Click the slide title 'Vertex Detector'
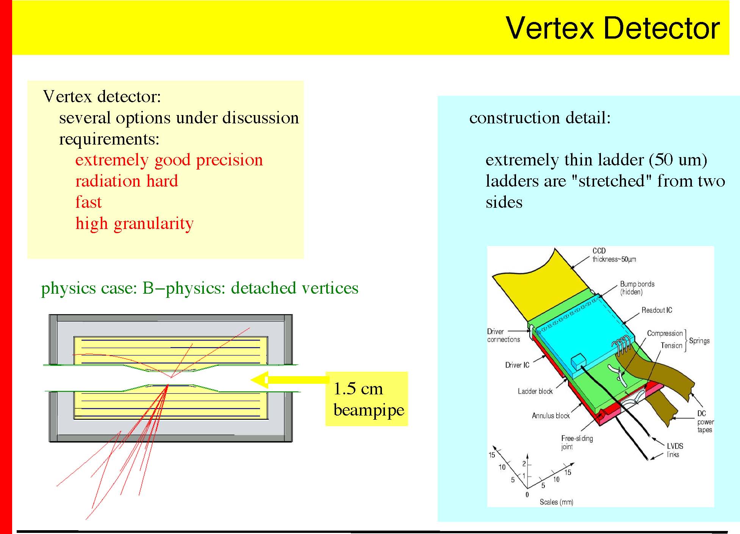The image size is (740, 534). pos(613,28)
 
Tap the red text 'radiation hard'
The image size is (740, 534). pos(127,181)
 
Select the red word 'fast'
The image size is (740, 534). pos(88,202)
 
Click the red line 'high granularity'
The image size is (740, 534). pos(135,224)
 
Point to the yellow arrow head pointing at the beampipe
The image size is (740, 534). pos(259,380)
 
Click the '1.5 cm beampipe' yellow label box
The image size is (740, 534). pos(366,399)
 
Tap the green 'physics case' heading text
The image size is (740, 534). pos(200,288)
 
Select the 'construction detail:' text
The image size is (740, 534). pos(540,118)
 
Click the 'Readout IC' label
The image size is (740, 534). pos(657,310)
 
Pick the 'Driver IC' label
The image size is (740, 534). pos(517,365)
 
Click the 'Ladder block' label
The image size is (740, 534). pos(535,391)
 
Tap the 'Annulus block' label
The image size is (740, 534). pos(551,416)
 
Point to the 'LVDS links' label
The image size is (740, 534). pos(675,450)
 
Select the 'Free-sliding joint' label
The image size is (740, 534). pos(577,442)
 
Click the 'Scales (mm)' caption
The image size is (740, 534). pos(556,502)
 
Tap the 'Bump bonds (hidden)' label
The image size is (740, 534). pos(637,288)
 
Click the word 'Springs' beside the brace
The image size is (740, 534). pos(699,341)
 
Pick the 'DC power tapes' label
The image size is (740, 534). pos(705,422)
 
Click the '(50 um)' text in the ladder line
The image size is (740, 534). pos(678,160)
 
